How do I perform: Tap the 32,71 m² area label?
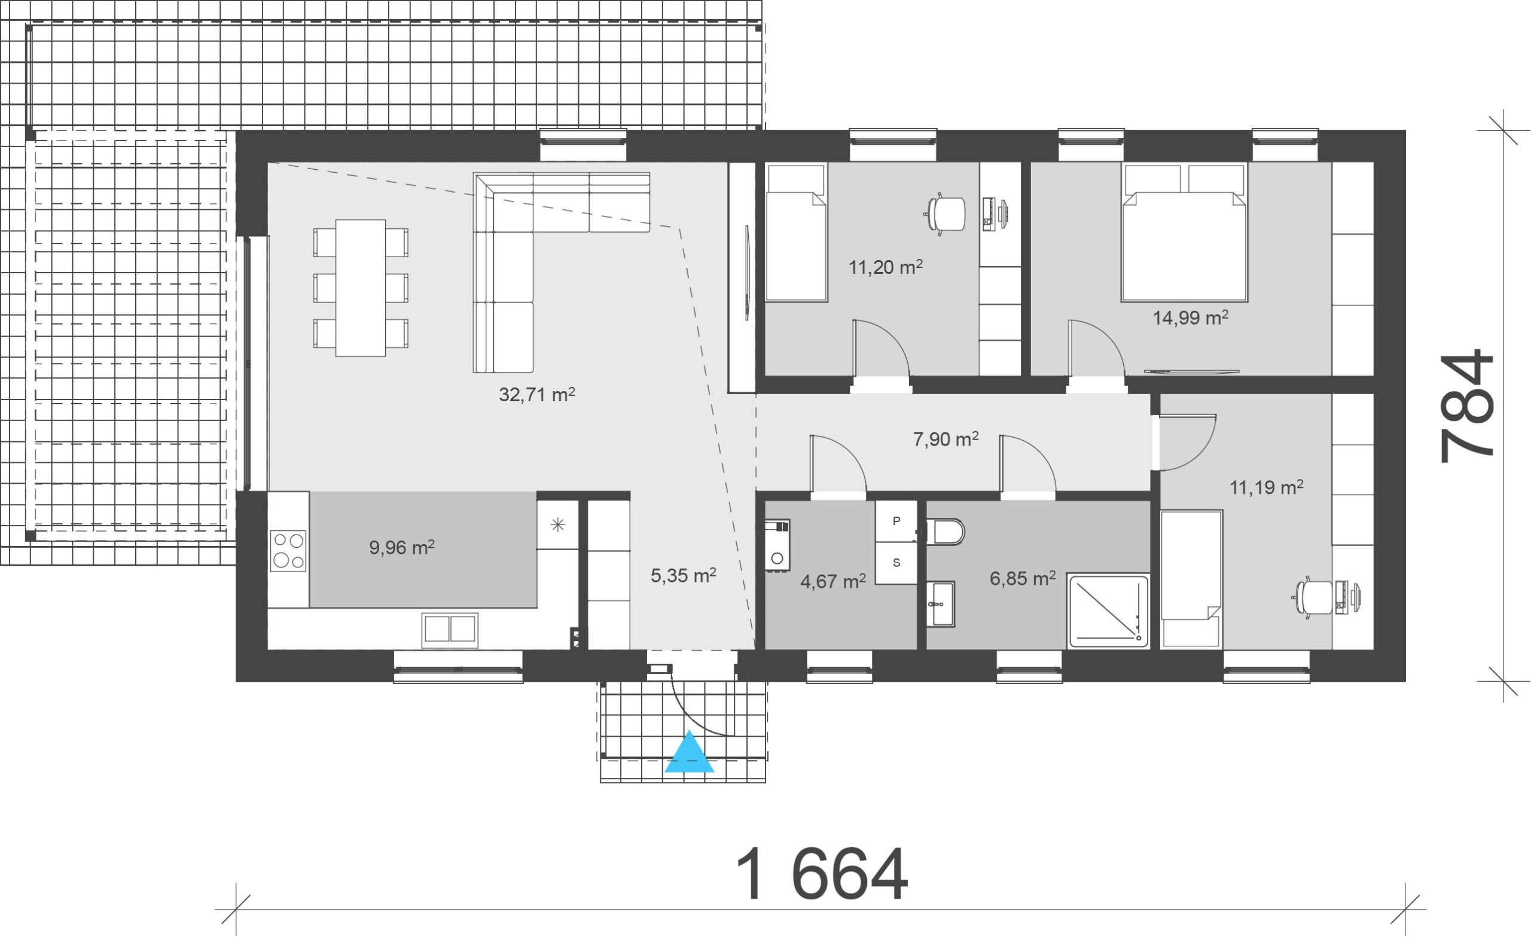coord(537,394)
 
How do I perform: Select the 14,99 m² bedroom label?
coord(1191,318)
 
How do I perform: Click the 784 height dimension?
coord(1466,407)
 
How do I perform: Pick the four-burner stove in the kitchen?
coord(288,551)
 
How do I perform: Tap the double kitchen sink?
coord(450,628)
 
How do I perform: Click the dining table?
coord(361,288)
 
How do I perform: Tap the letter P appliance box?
coord(896,521)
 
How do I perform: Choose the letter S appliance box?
coord(896,563)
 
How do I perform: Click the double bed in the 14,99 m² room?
coord(1184,233)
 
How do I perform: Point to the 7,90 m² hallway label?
coord(946,439)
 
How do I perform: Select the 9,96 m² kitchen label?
coord(401,547)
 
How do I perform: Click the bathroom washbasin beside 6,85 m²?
coord(941,605)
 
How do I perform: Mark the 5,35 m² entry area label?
coord(684,575)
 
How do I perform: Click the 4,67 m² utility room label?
coord(833,582)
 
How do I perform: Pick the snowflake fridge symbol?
coord(558,524)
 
